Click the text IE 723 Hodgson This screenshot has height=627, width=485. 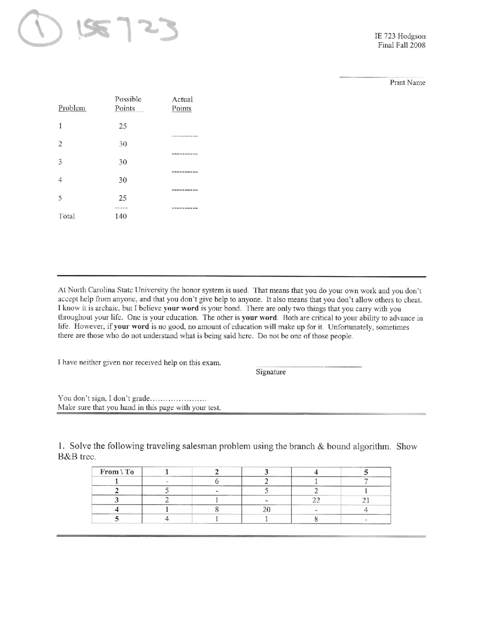pos(400,36)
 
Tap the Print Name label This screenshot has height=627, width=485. pos(407,83)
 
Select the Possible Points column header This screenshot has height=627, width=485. pos(128,104)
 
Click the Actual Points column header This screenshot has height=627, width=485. pos(182,104)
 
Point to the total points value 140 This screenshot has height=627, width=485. pos(121,216)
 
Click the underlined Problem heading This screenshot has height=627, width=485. pos(72,108)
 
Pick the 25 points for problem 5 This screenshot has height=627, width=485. pos(122,198)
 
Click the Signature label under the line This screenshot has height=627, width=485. pos(271,372)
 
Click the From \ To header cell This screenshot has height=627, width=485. pos(117,472)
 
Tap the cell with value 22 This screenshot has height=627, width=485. pos(316,500)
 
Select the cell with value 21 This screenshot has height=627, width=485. pos(366,500)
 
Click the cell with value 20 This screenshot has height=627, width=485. pos(266,510)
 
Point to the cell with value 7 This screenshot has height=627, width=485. pos(366,482)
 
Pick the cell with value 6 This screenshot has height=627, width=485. pos(217,482)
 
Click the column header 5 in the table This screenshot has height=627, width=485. pos(366,472)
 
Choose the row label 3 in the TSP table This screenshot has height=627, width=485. pos(117,500)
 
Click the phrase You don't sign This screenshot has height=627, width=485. pos(82,398)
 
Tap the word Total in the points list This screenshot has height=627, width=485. pos(67,216)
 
